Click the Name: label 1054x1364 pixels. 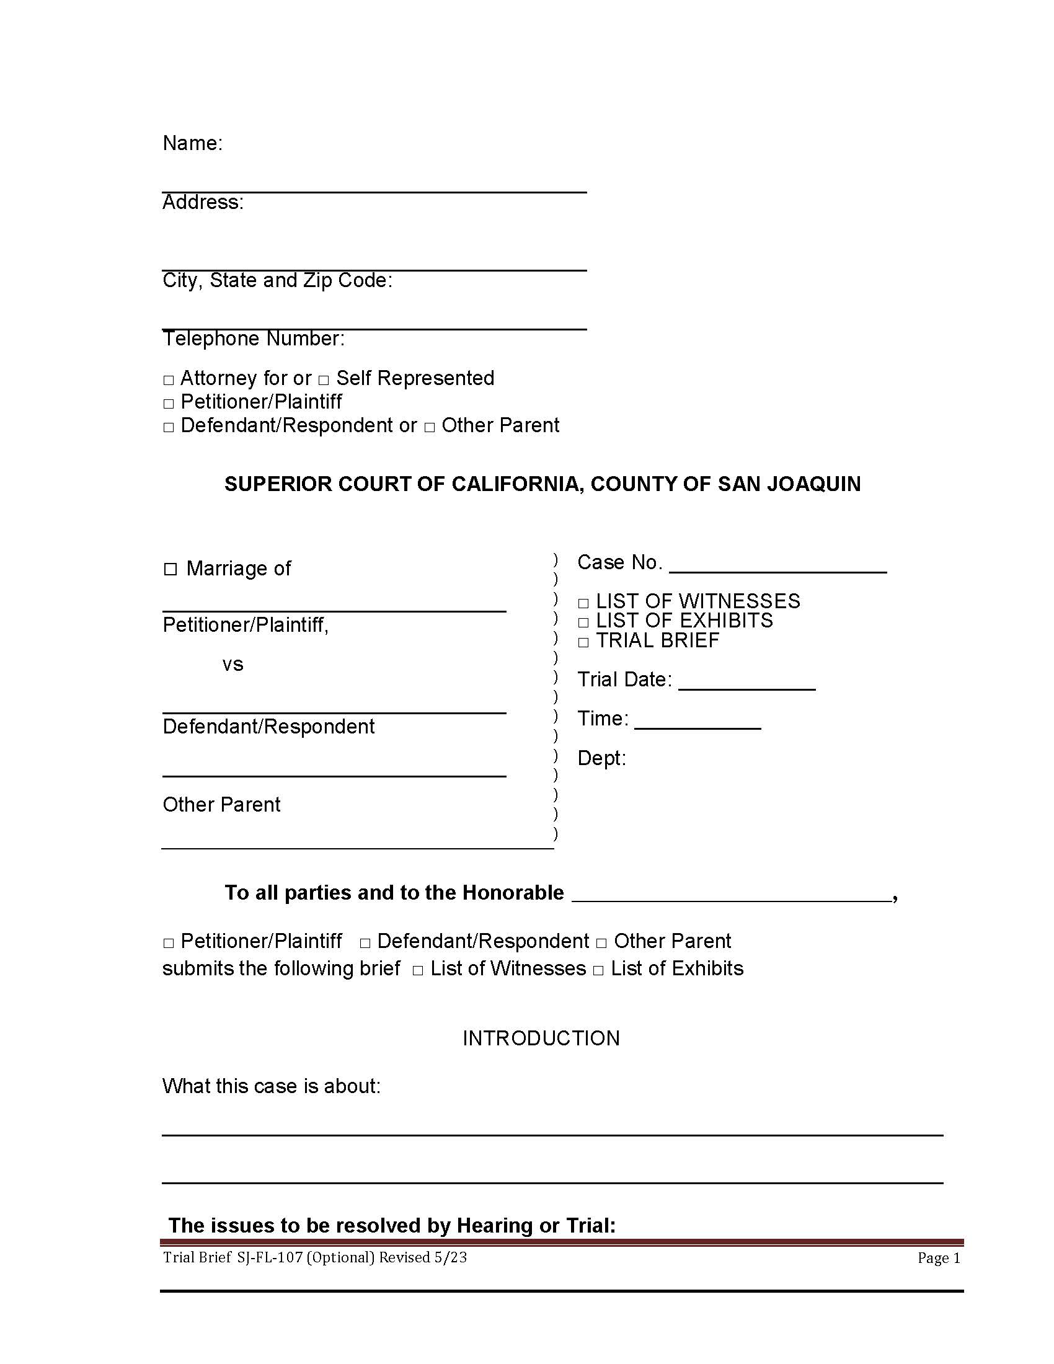tap(192, 143)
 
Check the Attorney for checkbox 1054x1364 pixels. tap(169, 380)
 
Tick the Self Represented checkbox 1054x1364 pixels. tap(324, 380)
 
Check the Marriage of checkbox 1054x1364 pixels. tap(170, 569)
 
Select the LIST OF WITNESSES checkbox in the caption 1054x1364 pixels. tap(583, 603)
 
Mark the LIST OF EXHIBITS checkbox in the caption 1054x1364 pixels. tap(583, 622)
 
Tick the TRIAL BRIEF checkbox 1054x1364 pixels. tap(583, 642)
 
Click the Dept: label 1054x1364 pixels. tap(601, 758)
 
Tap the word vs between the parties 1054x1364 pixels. tap(232, 664)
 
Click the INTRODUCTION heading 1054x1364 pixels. tap(541, 1038)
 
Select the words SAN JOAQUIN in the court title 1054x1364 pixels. tap(789, 484)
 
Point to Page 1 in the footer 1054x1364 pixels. tap(939, 1258)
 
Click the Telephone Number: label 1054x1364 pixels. tap(254, 339)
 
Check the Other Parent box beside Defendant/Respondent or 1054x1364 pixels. tap(430, 428)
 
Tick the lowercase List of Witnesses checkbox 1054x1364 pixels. tap(418, 970)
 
